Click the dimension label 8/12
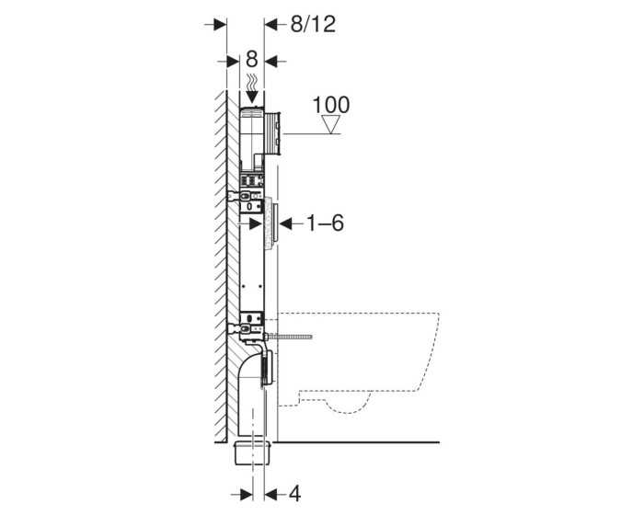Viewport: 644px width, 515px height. pyautogui.click(x=310, y=24)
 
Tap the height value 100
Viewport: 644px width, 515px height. pyautogui.click(x=331, y=103)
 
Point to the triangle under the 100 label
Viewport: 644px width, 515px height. pyautogui.click(x=331, y=126)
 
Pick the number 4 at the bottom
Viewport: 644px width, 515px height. pyautogui.click(x=294, y=494)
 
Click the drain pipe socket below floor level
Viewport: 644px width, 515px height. pyautogui.click(x=252, y=453)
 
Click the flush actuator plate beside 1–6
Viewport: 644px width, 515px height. pyautogui.click(x=270, y=226)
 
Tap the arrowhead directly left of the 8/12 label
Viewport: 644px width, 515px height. pyautogui.click(x=271, y=24)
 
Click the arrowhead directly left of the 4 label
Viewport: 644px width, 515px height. pyautogui.click(x=271, y=494)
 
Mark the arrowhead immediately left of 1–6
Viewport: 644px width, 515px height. pyautogui.click(x=284, y=223)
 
